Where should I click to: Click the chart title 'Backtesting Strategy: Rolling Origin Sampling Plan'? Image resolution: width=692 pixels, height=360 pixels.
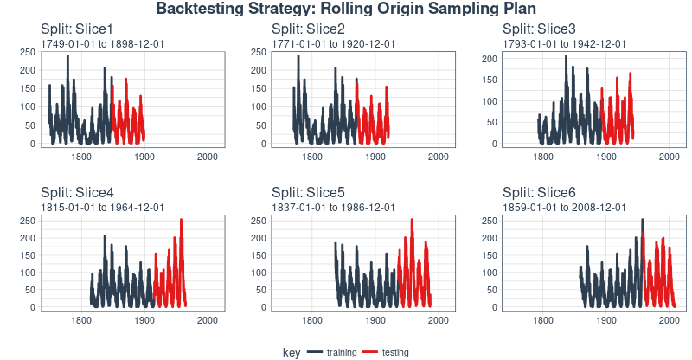pos(346,9)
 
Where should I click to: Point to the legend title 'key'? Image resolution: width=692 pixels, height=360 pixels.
pos(291,352)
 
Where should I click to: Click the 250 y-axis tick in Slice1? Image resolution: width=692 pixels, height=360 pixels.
pos(28,52)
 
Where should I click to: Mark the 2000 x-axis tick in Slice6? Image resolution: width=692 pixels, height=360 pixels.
pos(669,320)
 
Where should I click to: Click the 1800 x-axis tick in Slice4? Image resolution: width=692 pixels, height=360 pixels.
pos(82,320)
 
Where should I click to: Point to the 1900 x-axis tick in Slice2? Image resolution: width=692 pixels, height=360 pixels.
pos(375,157)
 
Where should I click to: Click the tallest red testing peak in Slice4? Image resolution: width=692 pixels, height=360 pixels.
pos(181,221)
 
